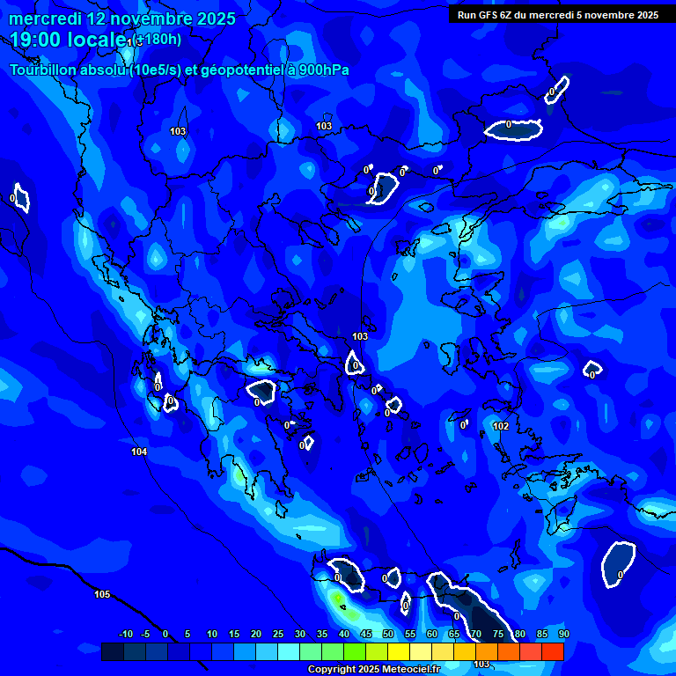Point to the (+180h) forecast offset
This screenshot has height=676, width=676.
(x=158, y=40)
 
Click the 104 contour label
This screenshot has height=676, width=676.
(x=139, y=452)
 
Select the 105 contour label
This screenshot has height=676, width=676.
(x=102, y=594)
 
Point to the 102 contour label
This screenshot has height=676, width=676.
(x=501, y=426)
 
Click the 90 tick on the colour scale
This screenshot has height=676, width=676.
(x=563, y=634)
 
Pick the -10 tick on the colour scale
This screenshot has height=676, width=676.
(x=125, y=634)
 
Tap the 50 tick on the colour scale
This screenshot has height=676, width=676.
(x=388, y=634)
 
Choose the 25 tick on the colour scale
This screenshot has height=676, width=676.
(x=278, y=634)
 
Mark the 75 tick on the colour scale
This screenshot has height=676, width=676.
(x=497, y=634)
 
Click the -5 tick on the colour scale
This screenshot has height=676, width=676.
(x=146, y=634)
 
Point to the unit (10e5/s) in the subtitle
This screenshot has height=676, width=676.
(x=154, y=70)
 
